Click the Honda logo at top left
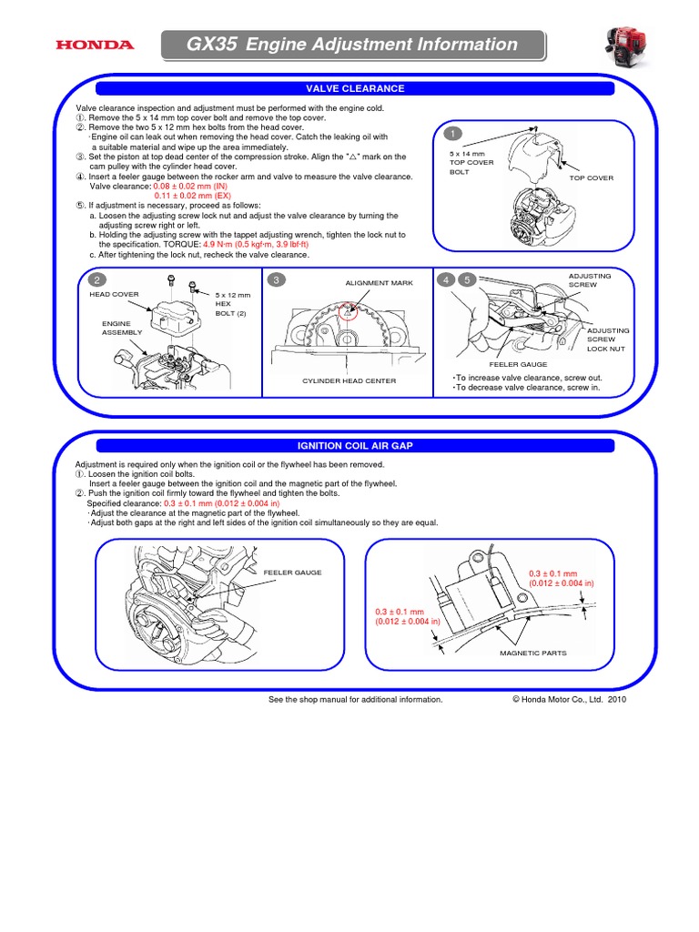(95, 45)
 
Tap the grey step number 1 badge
(450, 135)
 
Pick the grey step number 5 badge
(467, 279)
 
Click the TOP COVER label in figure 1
(592, 178)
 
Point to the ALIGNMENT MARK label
(379, 283)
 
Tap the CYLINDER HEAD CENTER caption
(349, 380)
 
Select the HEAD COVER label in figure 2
(114, 295)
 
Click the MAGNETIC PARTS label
(533, 653)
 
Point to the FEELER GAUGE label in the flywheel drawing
(292, 572)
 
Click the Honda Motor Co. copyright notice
(570, 700)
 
